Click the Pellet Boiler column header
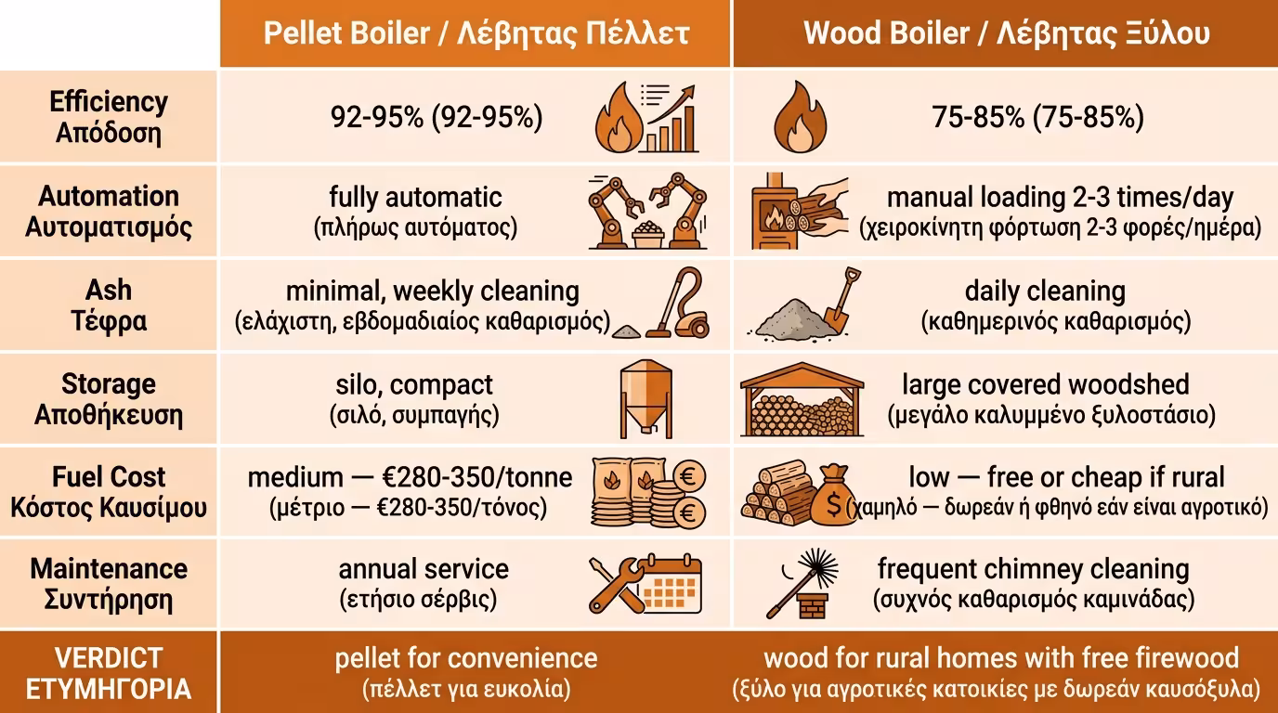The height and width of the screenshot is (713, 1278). point(476,33)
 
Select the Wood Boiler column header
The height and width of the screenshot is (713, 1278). point(1006,33)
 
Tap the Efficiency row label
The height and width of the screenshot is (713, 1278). point(109,117)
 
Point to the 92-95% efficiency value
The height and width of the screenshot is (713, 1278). point(437,118)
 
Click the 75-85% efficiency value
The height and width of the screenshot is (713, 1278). point(1037,118)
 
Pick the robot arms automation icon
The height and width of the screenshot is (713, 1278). point(647,210)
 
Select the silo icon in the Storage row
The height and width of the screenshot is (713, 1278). point(646,398)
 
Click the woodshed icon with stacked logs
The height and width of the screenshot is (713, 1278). point(802,399)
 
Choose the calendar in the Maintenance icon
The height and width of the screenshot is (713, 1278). point(673,584)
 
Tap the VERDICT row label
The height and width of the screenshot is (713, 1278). point(109,673)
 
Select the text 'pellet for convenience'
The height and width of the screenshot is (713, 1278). point(466,658)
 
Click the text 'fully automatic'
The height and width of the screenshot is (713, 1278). point(415,197)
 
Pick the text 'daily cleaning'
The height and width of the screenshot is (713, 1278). point(1045,291)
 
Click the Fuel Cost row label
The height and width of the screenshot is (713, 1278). point(109,492)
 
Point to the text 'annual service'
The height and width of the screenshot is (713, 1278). point(424,568)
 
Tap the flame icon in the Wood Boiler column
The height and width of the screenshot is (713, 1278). point(800,117)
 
